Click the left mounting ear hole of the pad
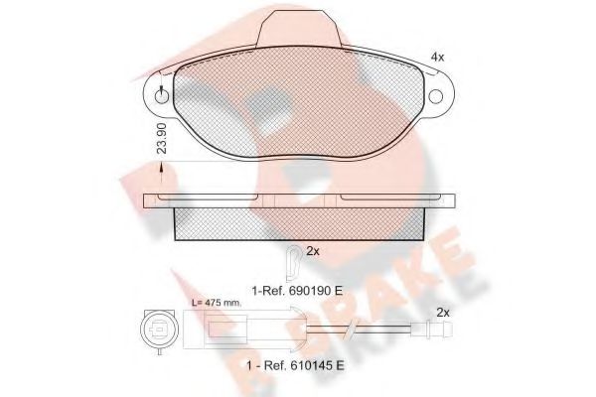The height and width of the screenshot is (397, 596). point(160,97)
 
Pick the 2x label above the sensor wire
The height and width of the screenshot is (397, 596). point(443,314)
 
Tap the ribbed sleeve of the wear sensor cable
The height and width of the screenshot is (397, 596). point(288,331)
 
